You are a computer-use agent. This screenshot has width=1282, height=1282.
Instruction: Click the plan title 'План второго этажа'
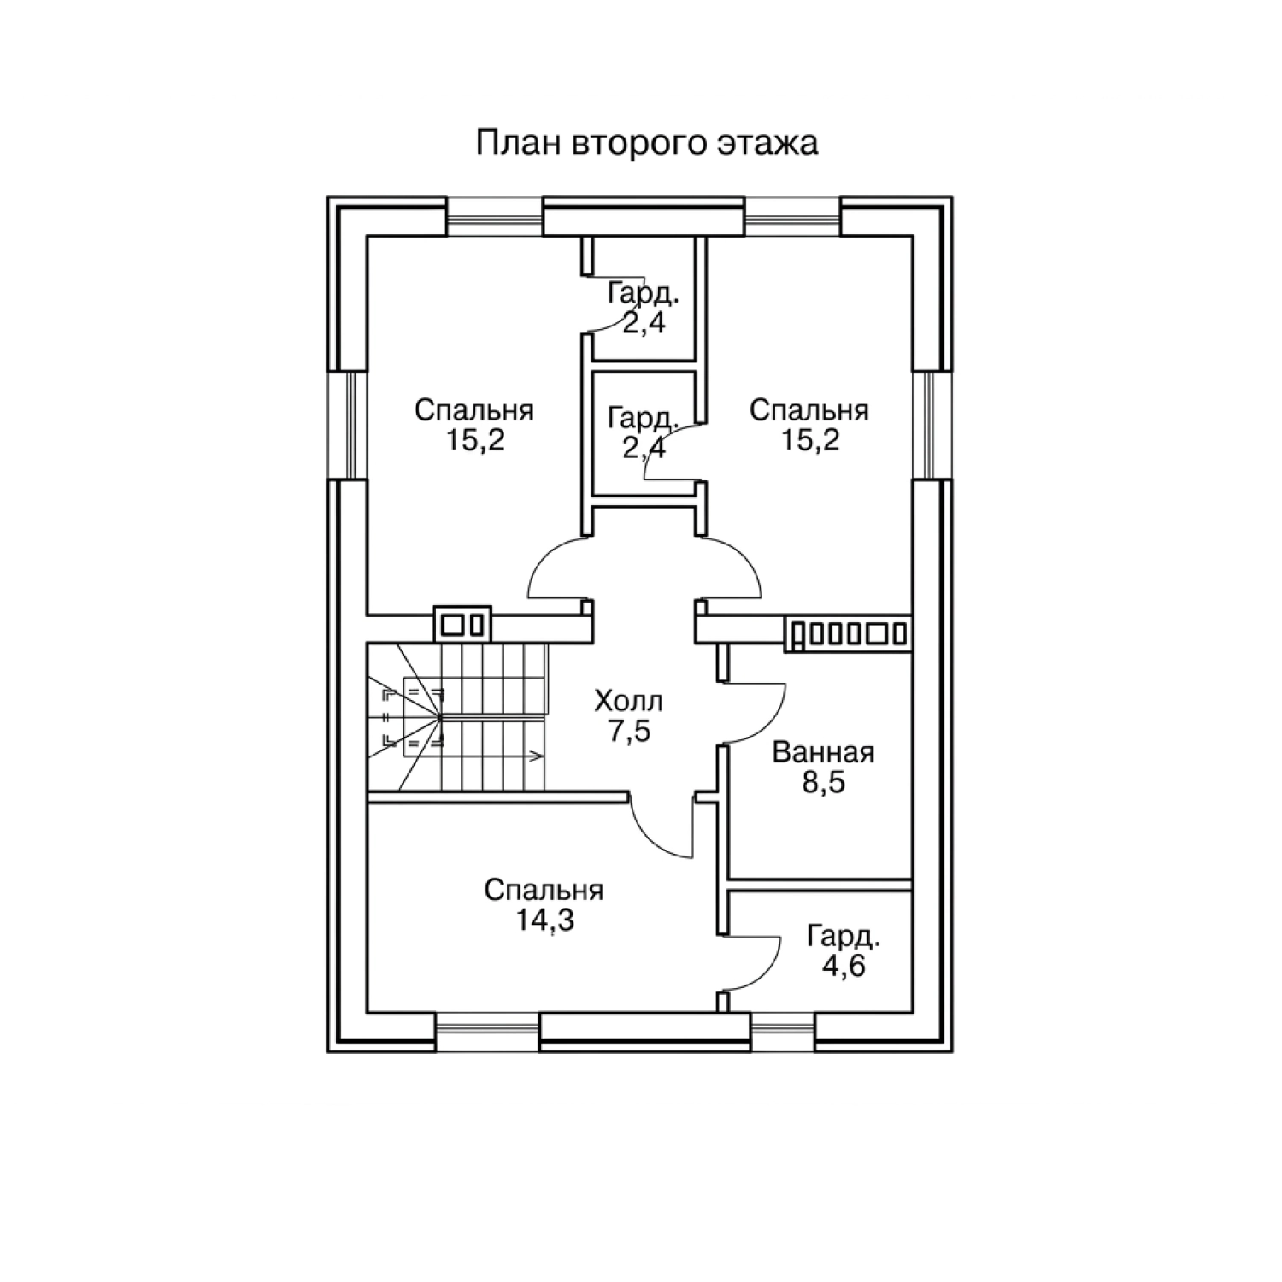646,144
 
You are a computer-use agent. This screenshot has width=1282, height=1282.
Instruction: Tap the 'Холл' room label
629,703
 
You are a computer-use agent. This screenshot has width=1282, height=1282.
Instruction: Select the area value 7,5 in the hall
631,732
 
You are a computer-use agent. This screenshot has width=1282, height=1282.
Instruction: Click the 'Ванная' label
823,753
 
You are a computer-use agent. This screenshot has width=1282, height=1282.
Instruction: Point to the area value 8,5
823,783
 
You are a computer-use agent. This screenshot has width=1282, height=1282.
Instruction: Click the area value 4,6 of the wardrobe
844,967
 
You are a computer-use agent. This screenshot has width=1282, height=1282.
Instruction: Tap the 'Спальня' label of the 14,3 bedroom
544,891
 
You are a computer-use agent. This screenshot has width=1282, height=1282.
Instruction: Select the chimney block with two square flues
463,624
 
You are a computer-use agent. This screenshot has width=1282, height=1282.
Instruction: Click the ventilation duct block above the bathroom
847,633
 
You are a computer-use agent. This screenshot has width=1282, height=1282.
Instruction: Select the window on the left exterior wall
348,425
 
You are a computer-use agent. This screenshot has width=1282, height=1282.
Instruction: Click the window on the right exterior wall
932,425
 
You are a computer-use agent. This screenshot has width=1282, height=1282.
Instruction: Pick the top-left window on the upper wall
495,217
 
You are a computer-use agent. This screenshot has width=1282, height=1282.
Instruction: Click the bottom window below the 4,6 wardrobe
783,1032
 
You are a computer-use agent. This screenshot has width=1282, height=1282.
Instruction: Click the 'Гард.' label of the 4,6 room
844,938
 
